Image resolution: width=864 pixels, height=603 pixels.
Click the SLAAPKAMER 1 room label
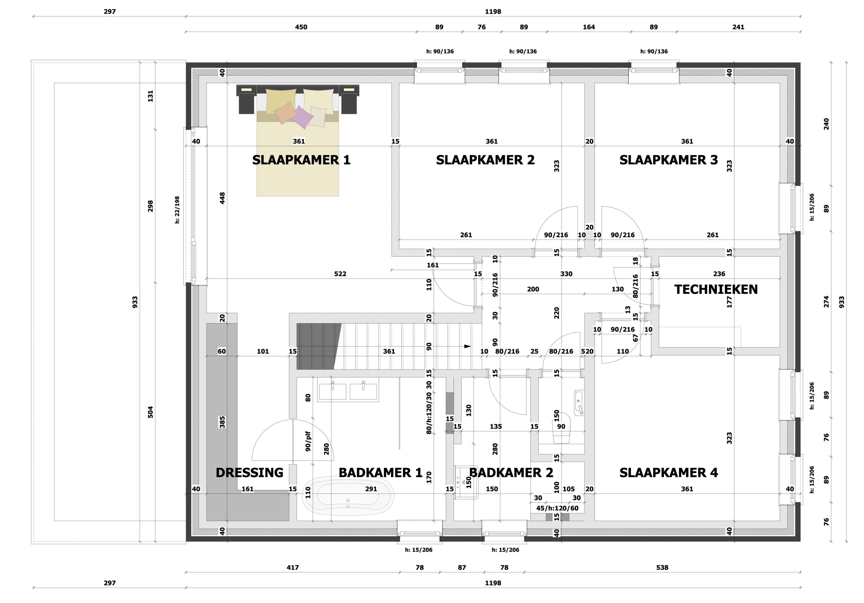pyautogui.click(x=301, y=160)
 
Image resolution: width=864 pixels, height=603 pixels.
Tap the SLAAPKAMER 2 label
pyautogui.click(x=485, y=160)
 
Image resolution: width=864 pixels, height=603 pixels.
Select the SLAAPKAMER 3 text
pyautogui.click(x=668, y=160)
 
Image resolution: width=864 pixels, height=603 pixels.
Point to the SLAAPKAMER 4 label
pyautogui.click(x=668, y=473)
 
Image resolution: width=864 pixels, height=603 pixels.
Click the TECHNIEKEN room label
pyautogui.click(x=716, y=289)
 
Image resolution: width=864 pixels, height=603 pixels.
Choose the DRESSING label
pyautogui.click(x=249, y=473)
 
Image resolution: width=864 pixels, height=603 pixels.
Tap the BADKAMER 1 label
pyautogui.click(x=380, y=473)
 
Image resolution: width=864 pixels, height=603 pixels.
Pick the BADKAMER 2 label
pyautogui.click(x=511, y=473)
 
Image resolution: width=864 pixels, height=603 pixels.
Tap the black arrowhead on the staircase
pyautogui.click(x=467, y=346)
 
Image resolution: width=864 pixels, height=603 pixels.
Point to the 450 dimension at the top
pyautogui.click(x=301, y=27)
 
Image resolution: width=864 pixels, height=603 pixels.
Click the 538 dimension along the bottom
pyautogui.click(x=662, y=568)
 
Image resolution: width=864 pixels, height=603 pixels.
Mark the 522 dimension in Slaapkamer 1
pyautogui.click(x=340, y=274)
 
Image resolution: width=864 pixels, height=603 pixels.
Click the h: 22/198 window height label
pyautogui.click(x=177, y=210)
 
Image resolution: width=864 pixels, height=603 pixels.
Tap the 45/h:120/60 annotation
pyautogui.click(x=557, y=508)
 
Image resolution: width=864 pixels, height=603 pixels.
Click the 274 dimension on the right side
pyautogui.click(x=827, y=302)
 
